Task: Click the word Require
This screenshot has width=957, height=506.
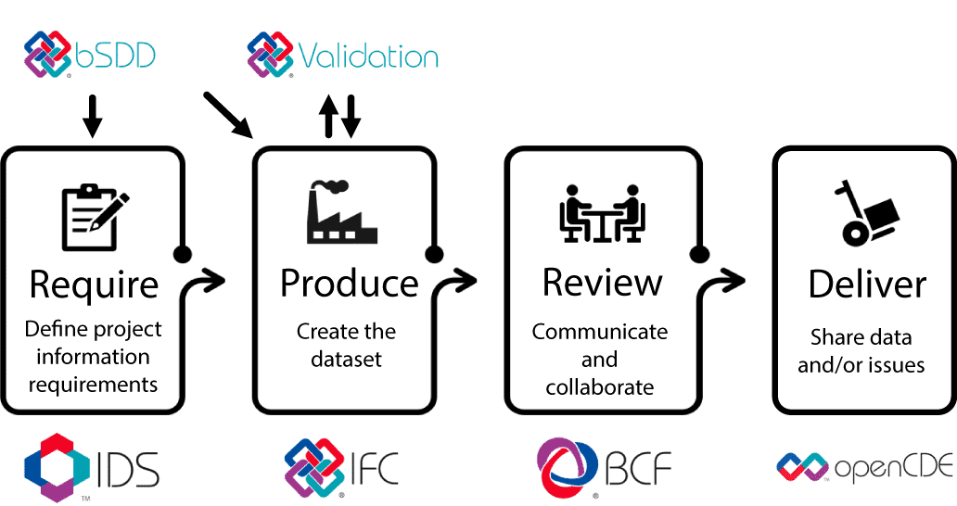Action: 94,285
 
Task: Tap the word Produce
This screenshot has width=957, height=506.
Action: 349,284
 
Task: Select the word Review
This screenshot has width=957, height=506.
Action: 602,283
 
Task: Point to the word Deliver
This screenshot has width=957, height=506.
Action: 867,285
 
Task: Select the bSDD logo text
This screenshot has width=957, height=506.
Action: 115,57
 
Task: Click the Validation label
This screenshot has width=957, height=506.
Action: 367,57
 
